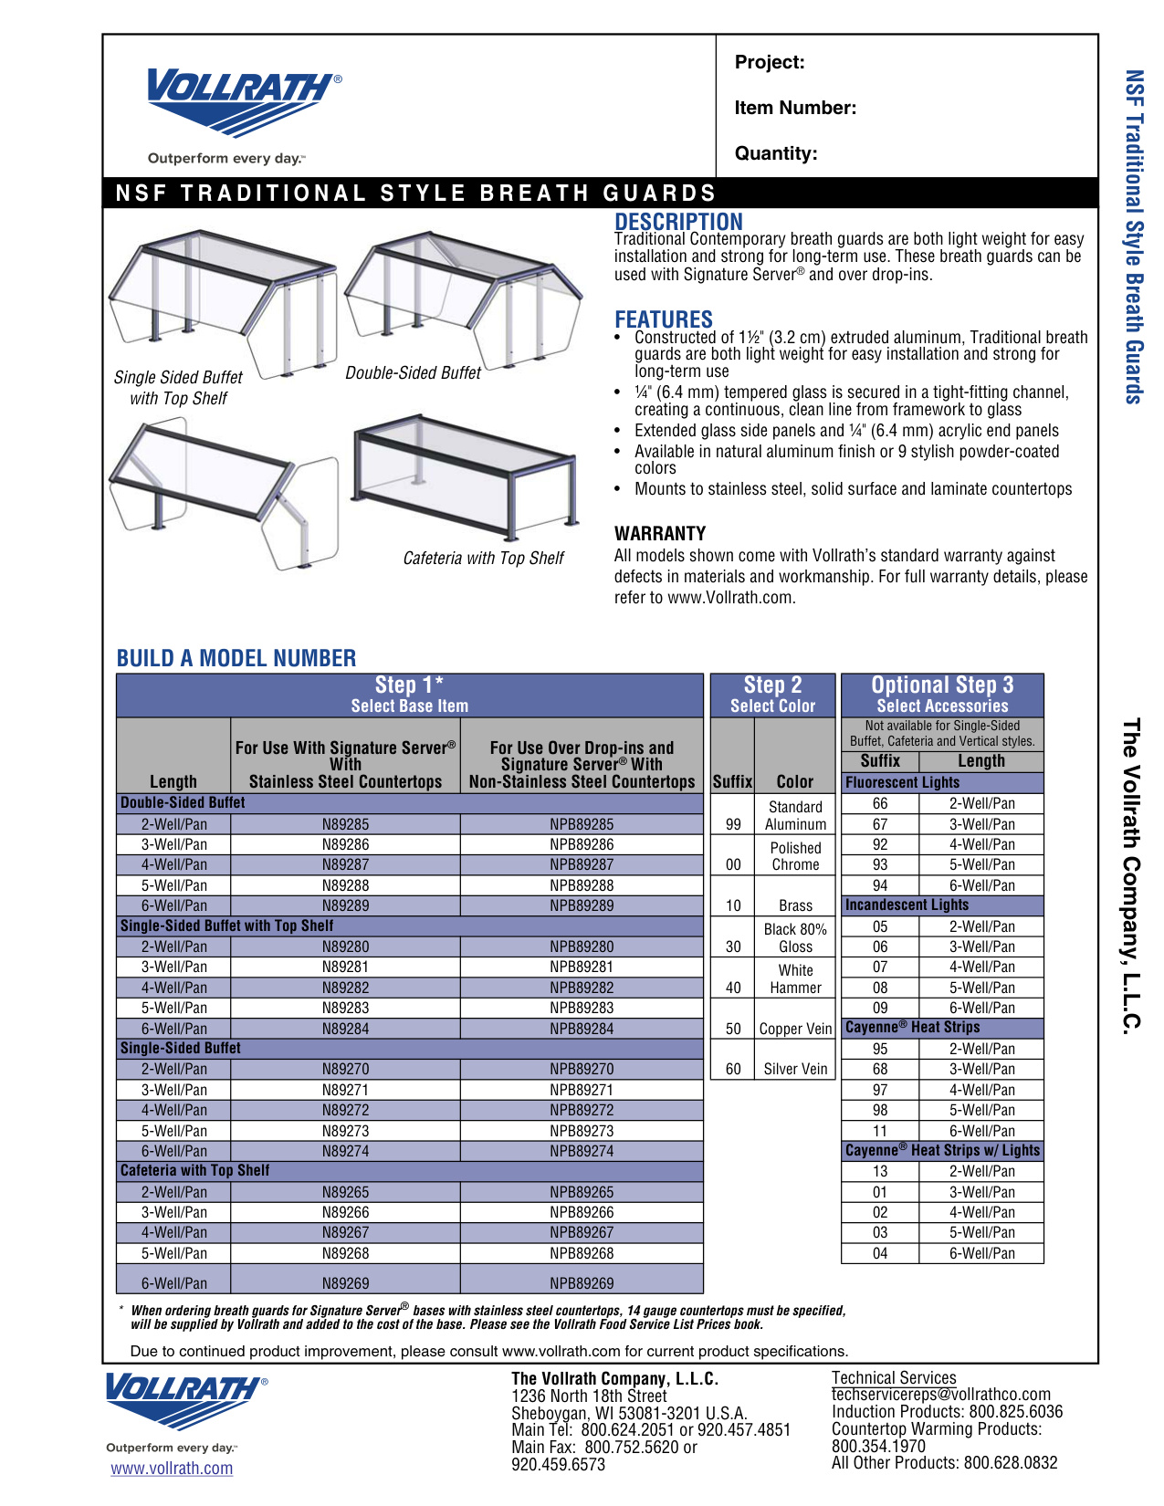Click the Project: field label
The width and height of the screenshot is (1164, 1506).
pyautogui.click(x=770, y=62)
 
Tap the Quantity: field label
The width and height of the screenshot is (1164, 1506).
pyautogui.click(x=776, y=153)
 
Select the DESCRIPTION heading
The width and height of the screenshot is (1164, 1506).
pyautogui.click(x=678, y=222)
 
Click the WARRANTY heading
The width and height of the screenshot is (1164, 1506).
pyautogui.click(x=660, y=533)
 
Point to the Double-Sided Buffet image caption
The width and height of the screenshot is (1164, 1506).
pyautogui.click(x=413, y=373)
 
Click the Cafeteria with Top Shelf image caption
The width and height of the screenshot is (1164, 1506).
pyautogui.click(x=483, y=559)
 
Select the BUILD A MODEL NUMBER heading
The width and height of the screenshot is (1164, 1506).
pyautogui.click(x=236, y=658)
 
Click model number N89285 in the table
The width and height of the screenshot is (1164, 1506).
pyautogui.click(x=345, y=824)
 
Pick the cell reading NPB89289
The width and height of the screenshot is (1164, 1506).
pyautogui.click(x=582, y=905)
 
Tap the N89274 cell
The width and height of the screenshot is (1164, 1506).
pyautogui.click(x=345, y=1151)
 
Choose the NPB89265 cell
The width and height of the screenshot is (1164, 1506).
pyautogui.click(x=582, y=1192)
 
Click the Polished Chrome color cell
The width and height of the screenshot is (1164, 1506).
pyautogui.click(x=795, y=856)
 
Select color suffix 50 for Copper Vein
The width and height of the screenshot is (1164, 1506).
pyautogui.click(x=733, y=1029)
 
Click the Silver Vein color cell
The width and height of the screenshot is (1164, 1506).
pyautogui.click(x=795, y=1069)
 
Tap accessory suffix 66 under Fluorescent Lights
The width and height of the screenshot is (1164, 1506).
pyautogui.click(x=880, y=803)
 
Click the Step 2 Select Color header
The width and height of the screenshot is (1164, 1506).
pyautogui.click(x=772, y=695)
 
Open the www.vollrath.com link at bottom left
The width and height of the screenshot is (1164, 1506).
pyautogui.click(x=172, y=1469)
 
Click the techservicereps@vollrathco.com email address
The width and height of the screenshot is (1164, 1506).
pyautogui.click(x=940, y=1395)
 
